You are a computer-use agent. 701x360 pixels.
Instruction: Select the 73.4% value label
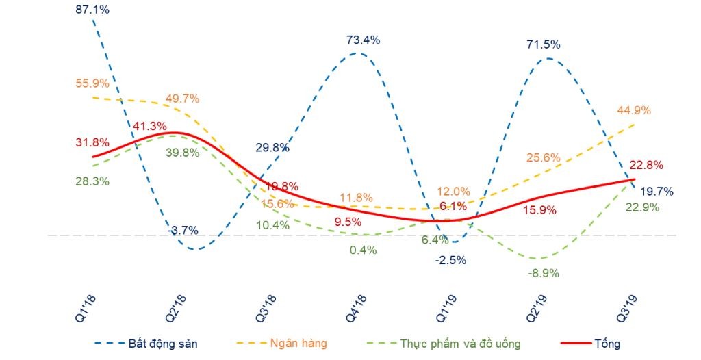click(363, 40)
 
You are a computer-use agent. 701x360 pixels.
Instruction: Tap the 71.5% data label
click(544, 44)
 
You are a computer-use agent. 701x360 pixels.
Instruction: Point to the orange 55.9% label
click(92, 83)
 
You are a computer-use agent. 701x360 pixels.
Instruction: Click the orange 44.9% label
click(635, 111)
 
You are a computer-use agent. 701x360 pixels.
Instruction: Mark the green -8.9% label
click(543, 272)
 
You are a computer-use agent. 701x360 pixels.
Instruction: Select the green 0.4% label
click(363, 250)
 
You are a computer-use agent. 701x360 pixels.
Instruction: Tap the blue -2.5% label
click(451, 260)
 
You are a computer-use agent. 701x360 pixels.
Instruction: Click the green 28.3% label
click(92, 181)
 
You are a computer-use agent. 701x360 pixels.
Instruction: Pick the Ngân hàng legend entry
click(298, 343)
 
